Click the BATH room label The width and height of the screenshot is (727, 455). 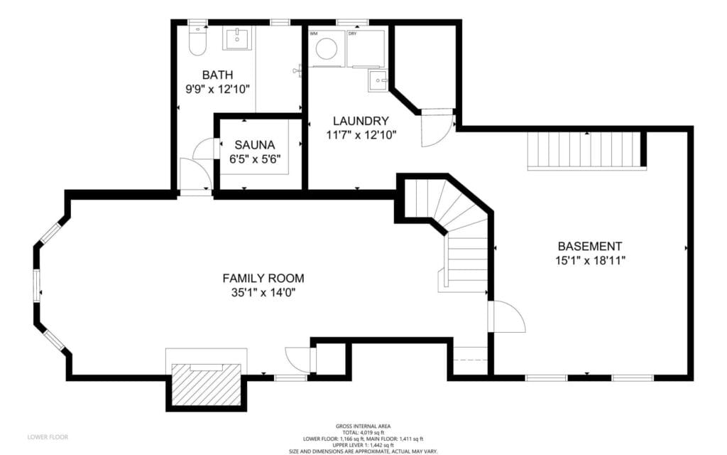pos(217,75)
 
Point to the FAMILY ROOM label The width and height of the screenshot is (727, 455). pos(263,278)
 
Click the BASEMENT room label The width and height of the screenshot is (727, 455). pos(589,246)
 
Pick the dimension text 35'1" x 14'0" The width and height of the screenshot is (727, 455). pos(263,292)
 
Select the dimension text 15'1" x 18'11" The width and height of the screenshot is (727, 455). pos(590,260)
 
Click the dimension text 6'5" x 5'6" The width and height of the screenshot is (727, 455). pos(255,159)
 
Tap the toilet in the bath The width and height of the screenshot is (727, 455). pos(197,43)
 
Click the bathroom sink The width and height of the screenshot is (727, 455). pos(236,40)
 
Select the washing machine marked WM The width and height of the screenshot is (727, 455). pos(327,48)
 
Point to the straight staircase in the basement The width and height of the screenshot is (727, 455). pos(586,151)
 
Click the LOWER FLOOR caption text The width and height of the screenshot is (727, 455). pos(48,437)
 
